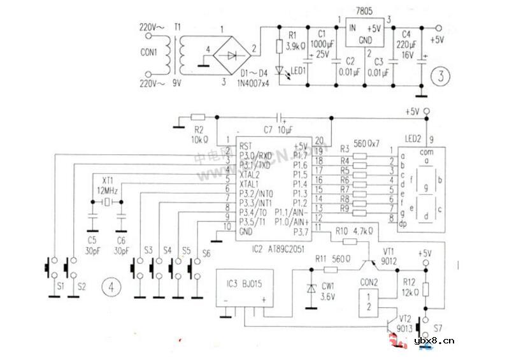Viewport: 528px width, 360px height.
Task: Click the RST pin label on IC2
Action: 245,145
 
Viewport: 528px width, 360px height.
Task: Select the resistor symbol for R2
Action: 198,117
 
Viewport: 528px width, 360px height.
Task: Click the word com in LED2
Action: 424,152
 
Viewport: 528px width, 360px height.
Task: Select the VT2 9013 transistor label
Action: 405,322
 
